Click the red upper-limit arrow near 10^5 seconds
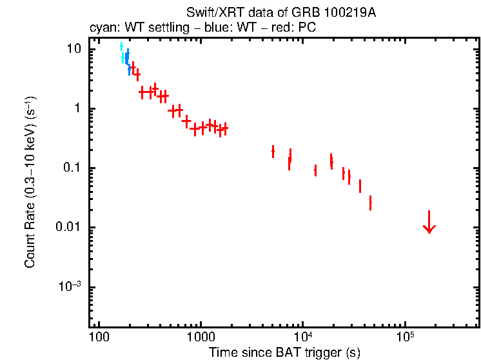pyautogui.click(x=429, y=222)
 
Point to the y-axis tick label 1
pyautogui.click(x=81, y=109)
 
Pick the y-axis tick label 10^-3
pyautogui.click(x=73, y=287)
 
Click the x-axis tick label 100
pyautogui.click(x=99, y=339)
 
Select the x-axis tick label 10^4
pyautogui.click(x=302, y=337)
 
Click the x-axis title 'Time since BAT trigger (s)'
pyautogui.click(x=284, y=352)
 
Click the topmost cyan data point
pyautogui.click(x=121, y=46)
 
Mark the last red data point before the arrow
pyautogui.click(x=370, y=203)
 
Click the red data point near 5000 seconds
pyautogui.click(x=273, y=151)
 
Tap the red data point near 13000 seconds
pyautogui.click(x=315, y=170)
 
